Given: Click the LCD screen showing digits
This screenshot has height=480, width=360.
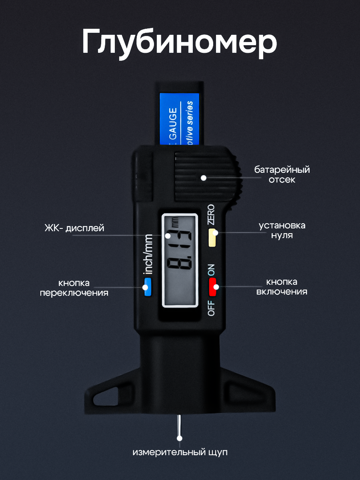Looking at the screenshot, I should [x=180, y=260].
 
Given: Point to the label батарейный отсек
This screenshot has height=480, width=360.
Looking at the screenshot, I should [x=282, y=174].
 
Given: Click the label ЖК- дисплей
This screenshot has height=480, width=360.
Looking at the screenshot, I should [x=74, y=228].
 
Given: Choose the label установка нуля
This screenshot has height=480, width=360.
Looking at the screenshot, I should [x=282, y=230].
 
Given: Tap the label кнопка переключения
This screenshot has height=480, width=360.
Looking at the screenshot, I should [x=74, y=288].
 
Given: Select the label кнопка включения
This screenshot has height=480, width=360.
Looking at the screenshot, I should [x=282, y=286].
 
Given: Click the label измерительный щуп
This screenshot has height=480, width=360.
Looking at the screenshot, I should [x=180, y=453].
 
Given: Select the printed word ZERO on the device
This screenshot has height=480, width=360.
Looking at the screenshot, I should [x=211, y=214].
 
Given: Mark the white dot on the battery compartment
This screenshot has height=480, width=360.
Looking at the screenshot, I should [x=204, y=178].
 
